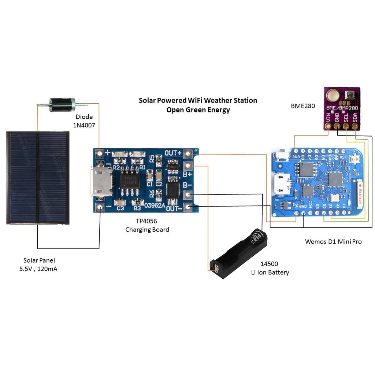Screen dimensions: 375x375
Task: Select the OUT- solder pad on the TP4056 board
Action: click(x=188, y=207)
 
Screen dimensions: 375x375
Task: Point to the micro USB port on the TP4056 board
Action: click(x=102, y=181)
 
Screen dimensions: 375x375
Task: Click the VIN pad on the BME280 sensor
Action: click(x=328, y=127)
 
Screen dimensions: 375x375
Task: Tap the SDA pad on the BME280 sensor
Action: click(x=355, y=127)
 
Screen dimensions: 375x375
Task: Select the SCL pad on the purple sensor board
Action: click(x=346, y=127)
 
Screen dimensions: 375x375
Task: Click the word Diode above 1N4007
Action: click(x=84, y=117)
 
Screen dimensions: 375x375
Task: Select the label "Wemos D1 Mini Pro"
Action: click(x=333, y=242)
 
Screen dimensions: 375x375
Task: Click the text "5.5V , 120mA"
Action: click(x=38, y=269)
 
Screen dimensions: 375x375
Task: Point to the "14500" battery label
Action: click(x=269, y=264)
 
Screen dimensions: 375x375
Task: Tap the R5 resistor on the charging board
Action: click(x=158, y=159)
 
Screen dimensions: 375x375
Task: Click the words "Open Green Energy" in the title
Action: click(x=198, y=109)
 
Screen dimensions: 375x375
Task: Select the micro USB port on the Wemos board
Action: click(x=282, y=183)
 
